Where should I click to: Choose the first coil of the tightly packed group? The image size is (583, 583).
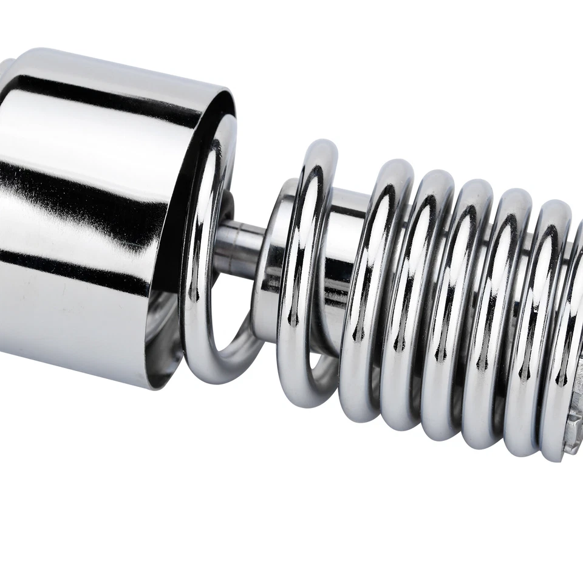click(x=370, y=291)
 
